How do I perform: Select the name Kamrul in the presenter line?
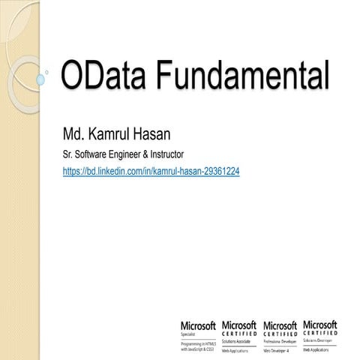pyautogui.click(x=120, y=136)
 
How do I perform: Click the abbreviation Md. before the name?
pyautogui.click(x=75, y=136)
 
